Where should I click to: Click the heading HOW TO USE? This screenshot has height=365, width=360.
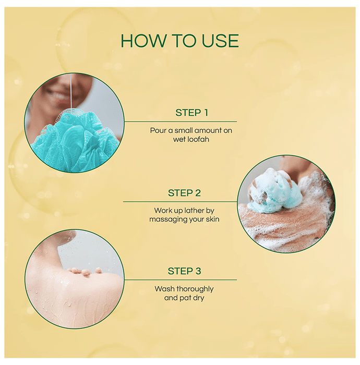coord(179,41)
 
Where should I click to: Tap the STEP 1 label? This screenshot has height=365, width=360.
coord(191,113)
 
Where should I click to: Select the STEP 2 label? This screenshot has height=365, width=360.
coord(184,193)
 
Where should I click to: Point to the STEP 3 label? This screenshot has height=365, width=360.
coord(184,271)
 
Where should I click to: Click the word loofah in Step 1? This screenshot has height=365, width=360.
coord(198,139)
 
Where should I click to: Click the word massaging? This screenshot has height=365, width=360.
coord(169,220)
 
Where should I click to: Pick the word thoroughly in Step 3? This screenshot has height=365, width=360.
coord(195,289)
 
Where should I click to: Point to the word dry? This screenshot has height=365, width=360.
coord(198,298)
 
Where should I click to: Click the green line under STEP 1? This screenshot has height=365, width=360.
coord(181,121)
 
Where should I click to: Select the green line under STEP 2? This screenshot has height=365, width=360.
coord(180,202)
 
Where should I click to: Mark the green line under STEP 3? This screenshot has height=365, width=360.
coord(181,280)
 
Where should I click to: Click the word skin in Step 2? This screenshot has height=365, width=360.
coord(212,219)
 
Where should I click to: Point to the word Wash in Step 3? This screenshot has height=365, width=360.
coord(165,289)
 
